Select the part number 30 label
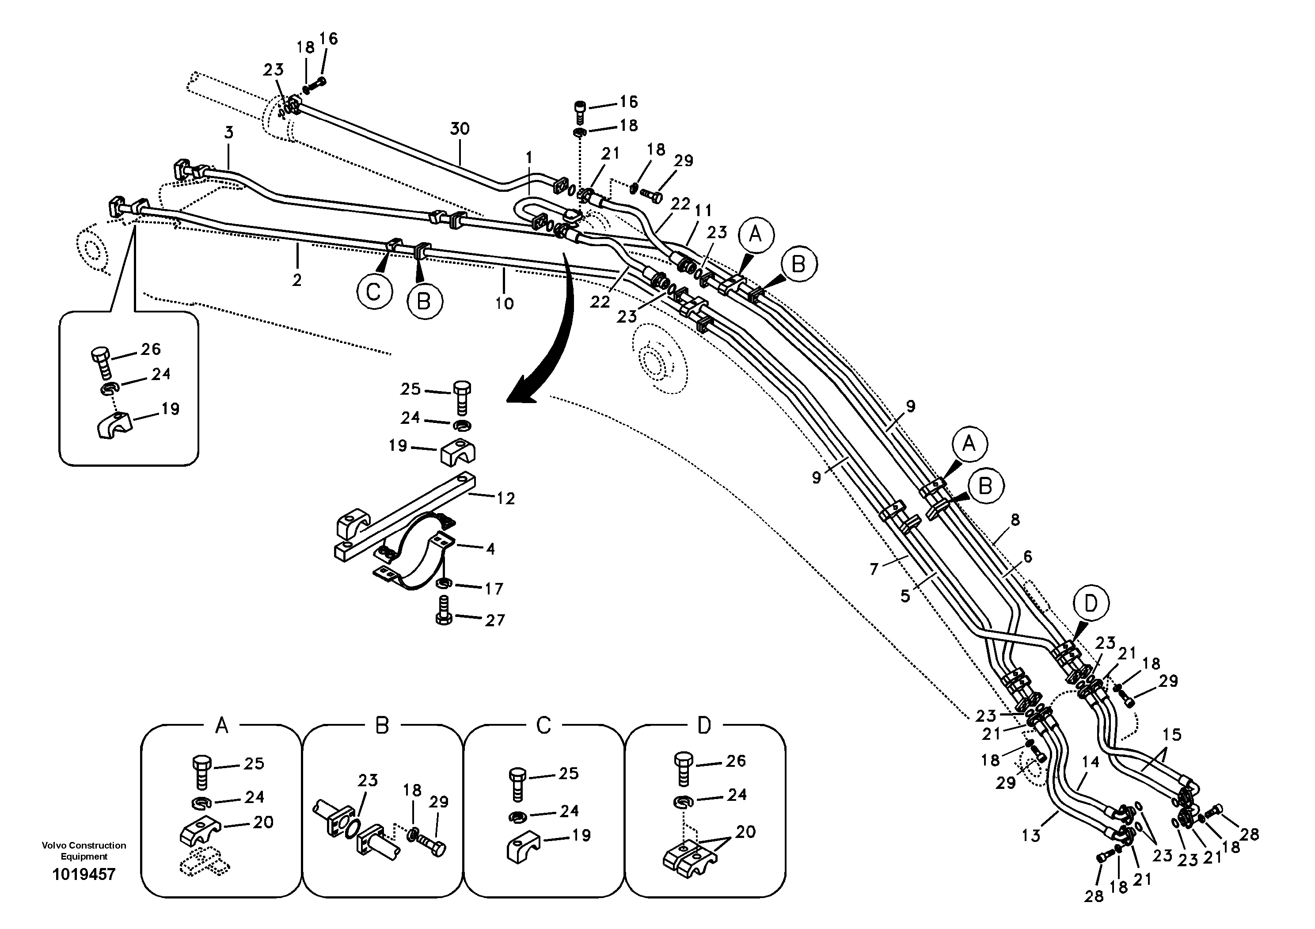click(x=460, y=129)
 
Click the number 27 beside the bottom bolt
click(x=495, y=620)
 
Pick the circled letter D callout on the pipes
click(x=1091, y=603)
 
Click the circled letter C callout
click(x=374, y=292)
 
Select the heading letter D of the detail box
click(x=704, y=726)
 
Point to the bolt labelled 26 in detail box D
click(x=684, y=770)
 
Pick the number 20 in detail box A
click(x=263, y=822)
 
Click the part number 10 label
click(x=504, y=303)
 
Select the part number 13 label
click(x=1030, y=836)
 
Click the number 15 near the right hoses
click(x=1172, y=734)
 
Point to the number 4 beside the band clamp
click(x=490, y=549)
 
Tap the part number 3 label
click(x=228, y=133)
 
